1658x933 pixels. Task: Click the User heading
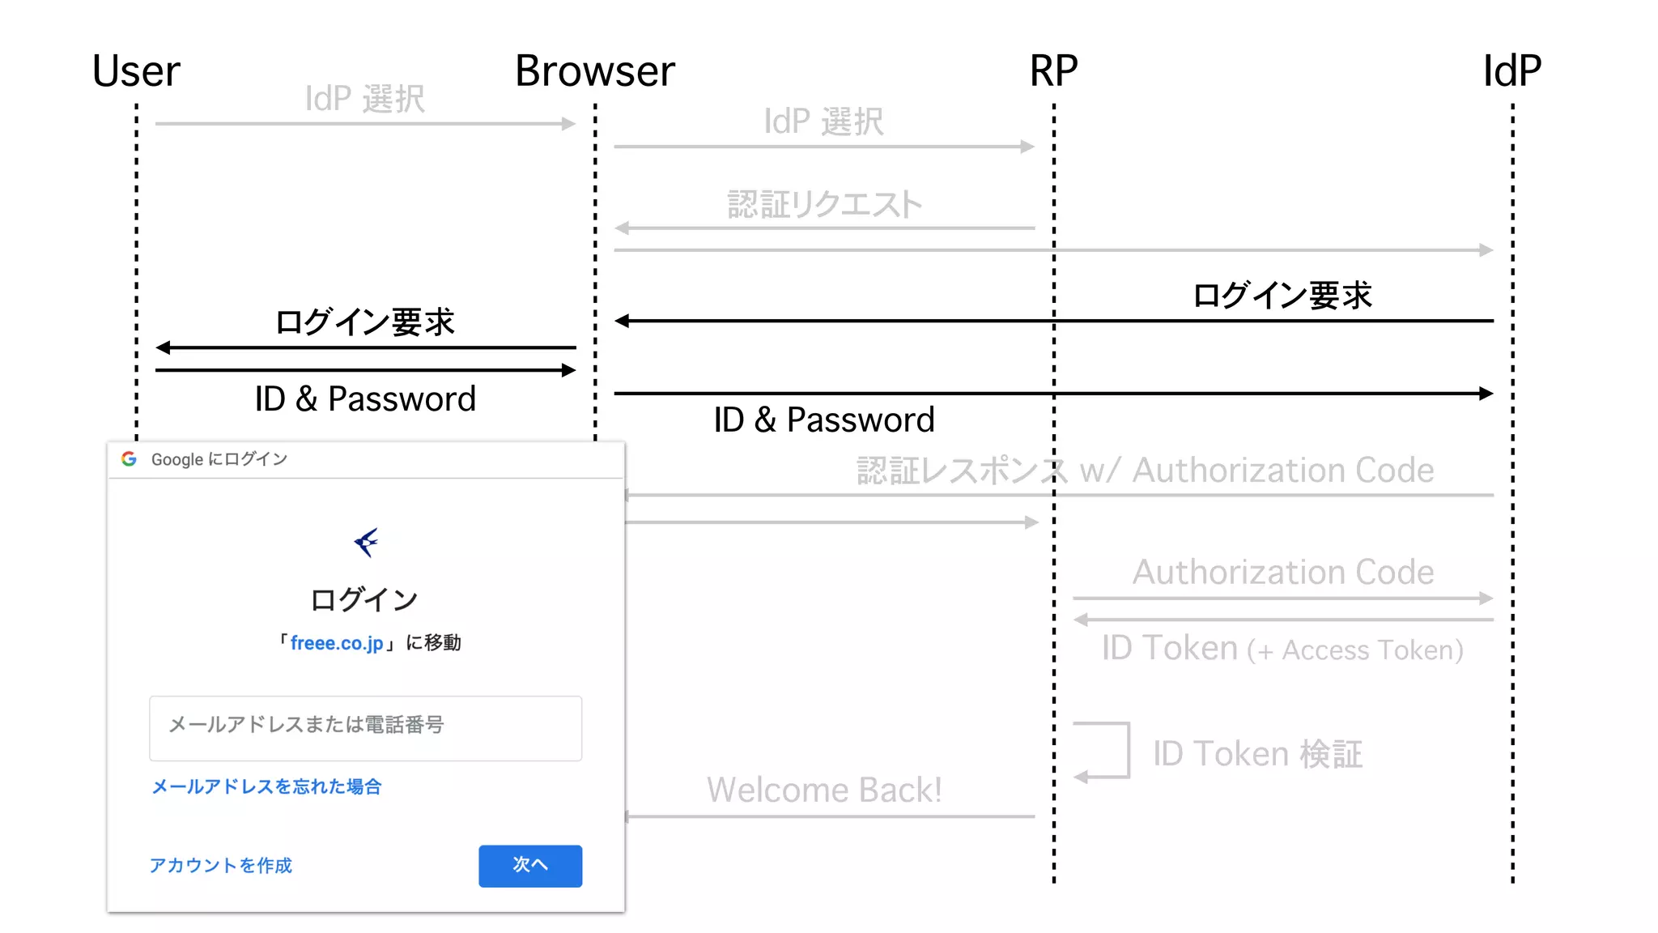coord(136,71)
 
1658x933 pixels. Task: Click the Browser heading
coord(595,71)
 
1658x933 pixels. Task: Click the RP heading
coord(1053,71)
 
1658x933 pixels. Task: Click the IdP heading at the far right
coord(1511,71)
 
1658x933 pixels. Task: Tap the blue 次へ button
coord(529,865)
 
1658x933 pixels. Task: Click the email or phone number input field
coord(365,727)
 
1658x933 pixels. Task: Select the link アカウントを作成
coord(220,865)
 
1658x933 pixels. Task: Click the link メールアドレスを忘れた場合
coord(266,786)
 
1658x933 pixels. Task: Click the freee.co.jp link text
coord(337,643)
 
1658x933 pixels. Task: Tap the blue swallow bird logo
coord(366,542)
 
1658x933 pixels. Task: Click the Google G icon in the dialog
coord(129,459)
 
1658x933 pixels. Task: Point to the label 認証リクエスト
coord(824,204)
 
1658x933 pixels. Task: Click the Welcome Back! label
coord(824,790)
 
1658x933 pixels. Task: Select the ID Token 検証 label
coord(1257,754)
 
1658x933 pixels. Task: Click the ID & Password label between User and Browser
coord(365,398)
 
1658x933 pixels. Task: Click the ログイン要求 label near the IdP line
coord(1282,296)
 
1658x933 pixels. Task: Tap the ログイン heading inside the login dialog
coord(364,600)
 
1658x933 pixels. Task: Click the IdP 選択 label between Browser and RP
coord(824,121)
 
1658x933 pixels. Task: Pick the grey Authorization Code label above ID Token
coord(1282,572)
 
